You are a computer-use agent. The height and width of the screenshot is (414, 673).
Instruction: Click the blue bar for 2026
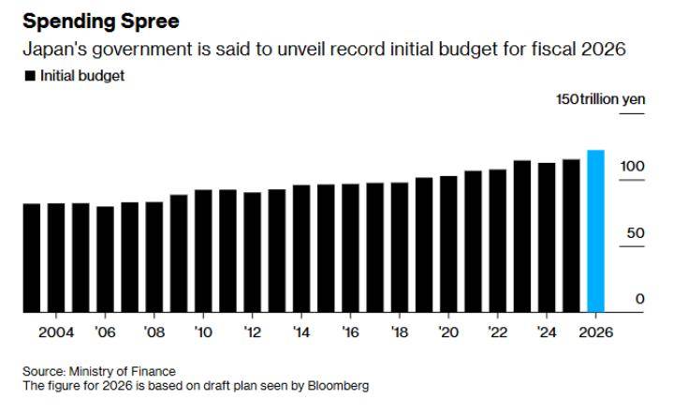point(595,231)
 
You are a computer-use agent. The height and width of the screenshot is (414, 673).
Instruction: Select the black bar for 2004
point(56,258)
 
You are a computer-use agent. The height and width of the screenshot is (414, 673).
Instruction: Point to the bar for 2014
point(301,248)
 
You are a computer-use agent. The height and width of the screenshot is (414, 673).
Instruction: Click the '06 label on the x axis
point(105,333)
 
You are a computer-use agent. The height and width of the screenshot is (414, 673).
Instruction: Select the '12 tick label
point(252,333)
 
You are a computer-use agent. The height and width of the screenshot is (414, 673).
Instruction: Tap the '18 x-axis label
point(399,333)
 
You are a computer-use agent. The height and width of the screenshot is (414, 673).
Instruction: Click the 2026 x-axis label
point(595,333)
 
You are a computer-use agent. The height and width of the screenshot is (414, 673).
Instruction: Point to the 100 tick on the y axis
point(632,166)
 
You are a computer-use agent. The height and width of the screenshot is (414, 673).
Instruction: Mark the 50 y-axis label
point(636,232)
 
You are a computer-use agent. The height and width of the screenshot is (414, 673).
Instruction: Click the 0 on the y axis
point(640,299)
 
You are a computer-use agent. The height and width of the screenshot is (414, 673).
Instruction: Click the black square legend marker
point(30,76)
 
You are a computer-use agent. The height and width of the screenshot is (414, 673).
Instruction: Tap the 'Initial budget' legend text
point(82,76)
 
